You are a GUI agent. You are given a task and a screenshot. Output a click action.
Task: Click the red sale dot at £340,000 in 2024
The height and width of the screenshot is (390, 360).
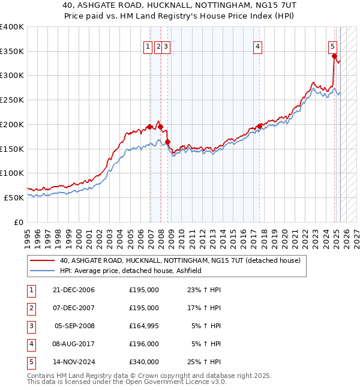334,56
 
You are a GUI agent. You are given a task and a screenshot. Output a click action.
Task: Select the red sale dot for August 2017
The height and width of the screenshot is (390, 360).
260,126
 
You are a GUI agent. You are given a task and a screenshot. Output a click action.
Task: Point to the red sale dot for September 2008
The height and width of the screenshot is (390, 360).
168,142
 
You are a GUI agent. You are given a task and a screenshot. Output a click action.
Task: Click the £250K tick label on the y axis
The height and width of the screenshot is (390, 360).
12,100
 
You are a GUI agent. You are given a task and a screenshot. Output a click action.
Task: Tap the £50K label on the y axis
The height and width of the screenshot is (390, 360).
14,197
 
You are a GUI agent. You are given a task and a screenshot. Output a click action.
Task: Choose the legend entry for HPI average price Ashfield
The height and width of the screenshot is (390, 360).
130,271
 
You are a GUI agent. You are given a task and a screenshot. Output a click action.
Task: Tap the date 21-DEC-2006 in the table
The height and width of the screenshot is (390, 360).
74,290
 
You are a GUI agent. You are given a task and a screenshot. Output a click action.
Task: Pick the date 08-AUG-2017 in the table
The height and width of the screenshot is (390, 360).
74,344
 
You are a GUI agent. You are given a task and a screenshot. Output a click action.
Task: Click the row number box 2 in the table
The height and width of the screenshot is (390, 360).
31,308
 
